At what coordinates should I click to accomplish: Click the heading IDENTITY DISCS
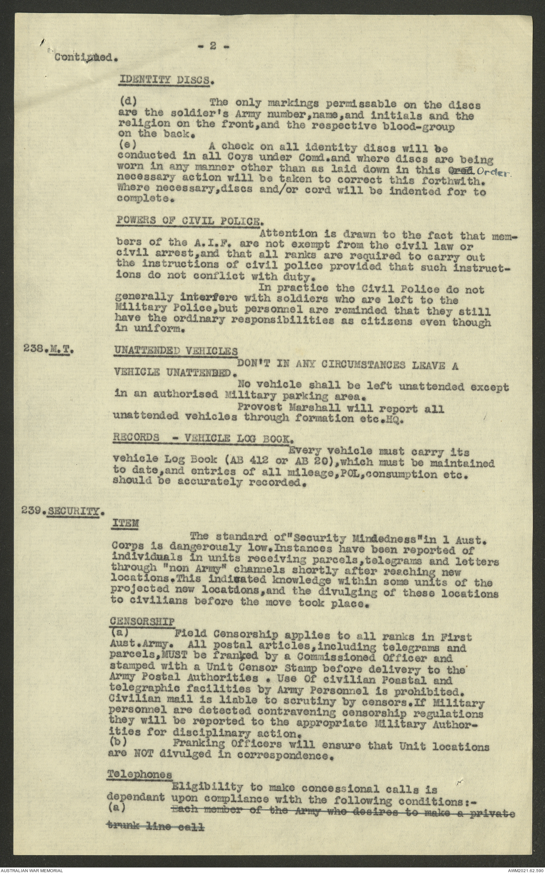click(x=165, y=80)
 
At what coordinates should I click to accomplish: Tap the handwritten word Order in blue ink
click(x=495, y=171)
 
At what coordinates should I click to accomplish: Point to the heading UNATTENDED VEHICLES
click(x=175, y=351)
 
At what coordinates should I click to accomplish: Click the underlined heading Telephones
click(x=140, y=774)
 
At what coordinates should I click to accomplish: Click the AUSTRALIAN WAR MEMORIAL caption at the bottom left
click(x=32, y=869)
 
